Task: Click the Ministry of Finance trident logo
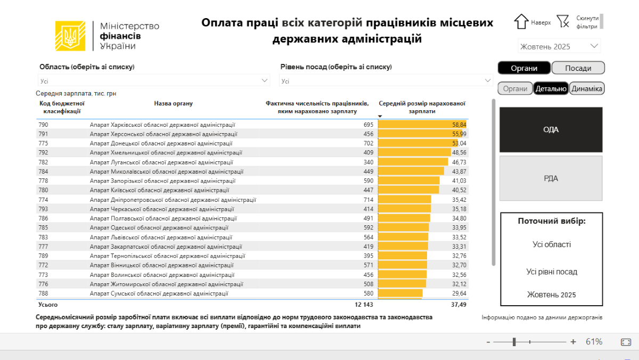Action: (70, 36)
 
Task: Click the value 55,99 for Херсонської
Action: (459, 134)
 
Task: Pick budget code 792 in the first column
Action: (43, 153)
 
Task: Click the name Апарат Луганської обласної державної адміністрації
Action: (162, 162)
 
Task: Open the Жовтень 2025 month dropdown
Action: (559, 46)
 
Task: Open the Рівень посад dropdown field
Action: (386, 81)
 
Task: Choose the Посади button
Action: (578, 68)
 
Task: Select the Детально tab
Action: (551, 89)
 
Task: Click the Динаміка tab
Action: (587, 89)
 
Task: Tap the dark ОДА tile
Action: (551, 129)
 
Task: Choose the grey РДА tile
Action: (551, 178)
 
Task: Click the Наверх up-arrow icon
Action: (521, 22)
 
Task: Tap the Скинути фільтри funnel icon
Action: (563, 21)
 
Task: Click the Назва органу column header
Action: (173, 103)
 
